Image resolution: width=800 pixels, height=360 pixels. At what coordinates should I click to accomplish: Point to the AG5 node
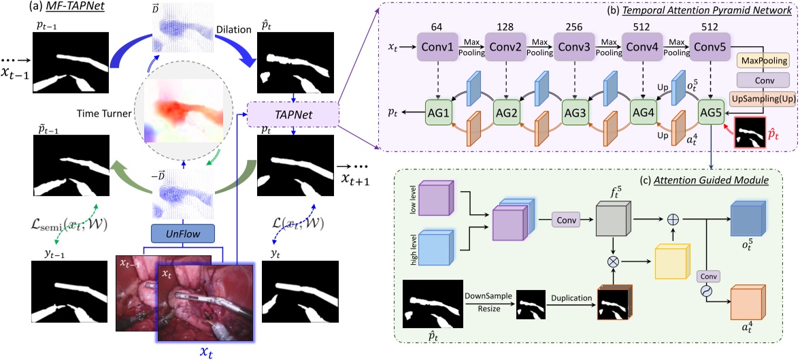712,110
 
